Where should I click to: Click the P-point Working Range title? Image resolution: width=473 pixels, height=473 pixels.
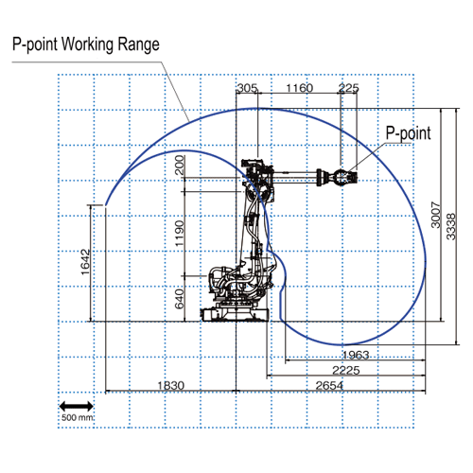tap(86, 44)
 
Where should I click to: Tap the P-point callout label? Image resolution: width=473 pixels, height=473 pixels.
tap(409, 133)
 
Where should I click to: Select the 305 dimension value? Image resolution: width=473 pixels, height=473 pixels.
tap(247, 88)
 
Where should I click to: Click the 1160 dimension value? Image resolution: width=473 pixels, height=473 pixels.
tap(299, 88)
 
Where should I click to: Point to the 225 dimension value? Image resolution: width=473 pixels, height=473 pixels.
tap(348, 88)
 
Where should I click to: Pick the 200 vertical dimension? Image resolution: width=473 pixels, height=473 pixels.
tap(180, 165)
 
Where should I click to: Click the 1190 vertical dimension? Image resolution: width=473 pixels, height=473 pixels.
tap(179, 234)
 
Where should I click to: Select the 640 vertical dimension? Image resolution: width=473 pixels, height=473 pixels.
tap(179, 299)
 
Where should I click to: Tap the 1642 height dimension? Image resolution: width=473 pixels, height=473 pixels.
tap(85, 262)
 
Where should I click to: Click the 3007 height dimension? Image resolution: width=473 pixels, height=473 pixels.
tap(435, 215)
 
